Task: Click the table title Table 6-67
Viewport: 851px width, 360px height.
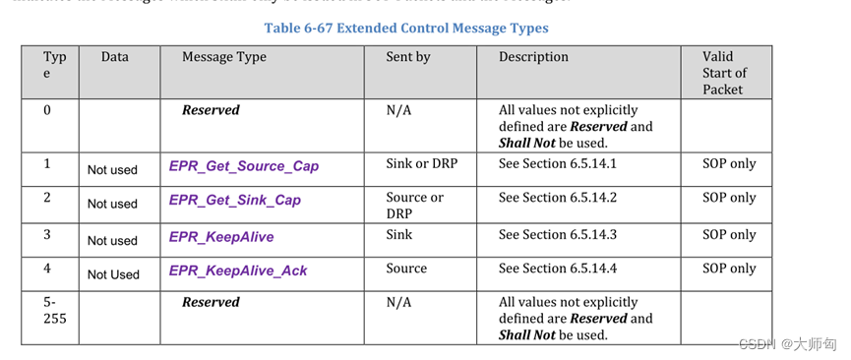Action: tap(406, 28)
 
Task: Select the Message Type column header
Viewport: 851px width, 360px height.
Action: tap(224, 57)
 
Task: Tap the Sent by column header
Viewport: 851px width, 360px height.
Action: tap(408, 57)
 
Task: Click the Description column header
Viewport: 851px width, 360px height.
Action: tap(533, 57)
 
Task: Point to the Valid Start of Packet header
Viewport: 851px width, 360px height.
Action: tap(724, 73)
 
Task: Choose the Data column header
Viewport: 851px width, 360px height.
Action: tap(115, 57)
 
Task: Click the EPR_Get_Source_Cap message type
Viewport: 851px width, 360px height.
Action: tap(244, 166)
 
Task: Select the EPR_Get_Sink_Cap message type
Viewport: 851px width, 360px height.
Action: tap(235, 201)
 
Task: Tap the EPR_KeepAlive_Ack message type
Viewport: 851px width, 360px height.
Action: tap(238, 270)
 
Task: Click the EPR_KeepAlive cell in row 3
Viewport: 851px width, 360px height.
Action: tap(221, 237)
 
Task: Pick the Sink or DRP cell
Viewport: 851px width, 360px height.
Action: tap(421, 163)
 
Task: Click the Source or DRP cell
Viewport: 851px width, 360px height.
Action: tap(414, 205)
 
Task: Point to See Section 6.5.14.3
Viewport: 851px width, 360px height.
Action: tap(558, 234)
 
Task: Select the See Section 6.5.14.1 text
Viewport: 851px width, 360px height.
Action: tap(558, 163)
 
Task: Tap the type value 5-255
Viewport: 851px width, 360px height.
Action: tap(55, 310)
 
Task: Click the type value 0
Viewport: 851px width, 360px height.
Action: tap(47, 110)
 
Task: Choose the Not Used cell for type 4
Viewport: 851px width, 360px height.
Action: tap(113, 274)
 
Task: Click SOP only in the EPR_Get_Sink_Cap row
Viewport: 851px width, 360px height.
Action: tap(729, 198)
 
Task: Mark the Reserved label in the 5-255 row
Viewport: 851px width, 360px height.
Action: tap(211, 302)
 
